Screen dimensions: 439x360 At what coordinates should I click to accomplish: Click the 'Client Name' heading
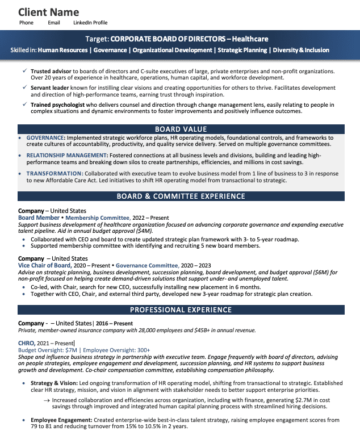(49, 12)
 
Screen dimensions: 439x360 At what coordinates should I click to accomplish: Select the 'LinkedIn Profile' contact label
(90, 23)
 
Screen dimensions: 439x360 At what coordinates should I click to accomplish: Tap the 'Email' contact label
(54, 23)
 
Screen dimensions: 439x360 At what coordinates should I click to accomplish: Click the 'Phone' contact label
(26, 23)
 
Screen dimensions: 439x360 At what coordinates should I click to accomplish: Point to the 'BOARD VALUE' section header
(181, 129)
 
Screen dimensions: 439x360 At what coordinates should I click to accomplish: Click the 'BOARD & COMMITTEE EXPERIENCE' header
(181, 196)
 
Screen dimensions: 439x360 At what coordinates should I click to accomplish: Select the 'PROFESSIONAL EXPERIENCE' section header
(181, 310)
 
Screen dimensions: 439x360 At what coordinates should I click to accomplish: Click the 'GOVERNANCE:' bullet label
(46, 138)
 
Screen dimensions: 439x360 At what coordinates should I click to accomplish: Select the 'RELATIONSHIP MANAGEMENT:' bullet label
(67, 155)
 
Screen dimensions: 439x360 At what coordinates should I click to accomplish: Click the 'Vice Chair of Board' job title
(44, 265)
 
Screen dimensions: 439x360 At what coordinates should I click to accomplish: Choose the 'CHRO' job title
(26, 343)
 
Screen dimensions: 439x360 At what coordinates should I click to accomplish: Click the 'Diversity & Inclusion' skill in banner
(301, 51)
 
